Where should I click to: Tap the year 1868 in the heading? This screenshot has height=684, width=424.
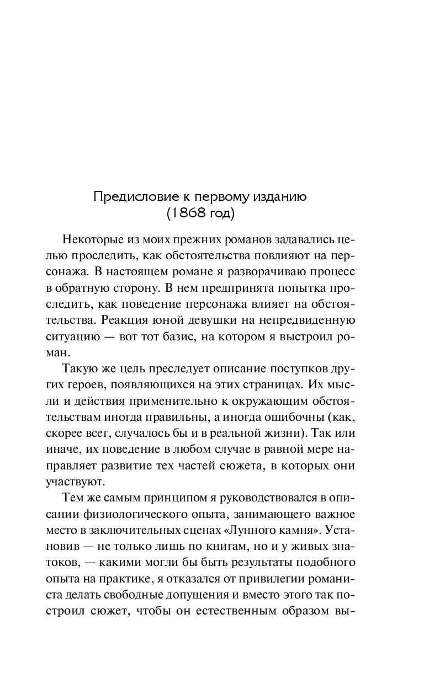188,213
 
